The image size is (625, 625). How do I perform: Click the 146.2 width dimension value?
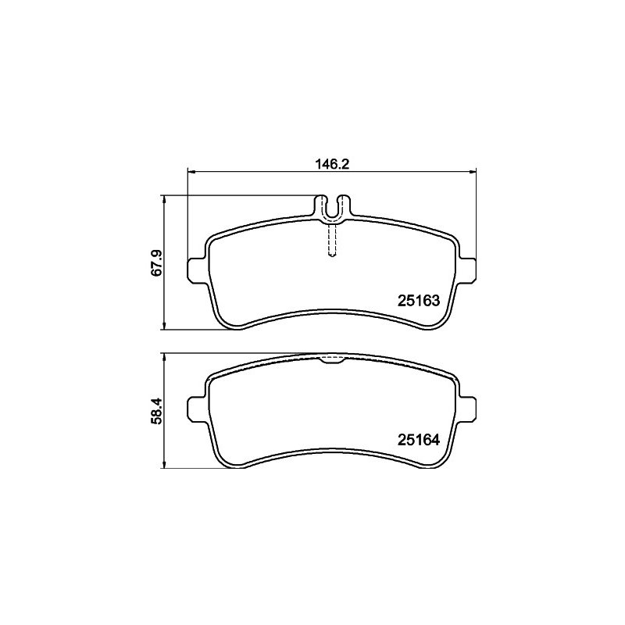coord(332,164)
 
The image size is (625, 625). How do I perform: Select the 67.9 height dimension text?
coord(157,262)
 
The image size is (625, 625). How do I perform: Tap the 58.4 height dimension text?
coord(157,411)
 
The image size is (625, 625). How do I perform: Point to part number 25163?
coord(419,301)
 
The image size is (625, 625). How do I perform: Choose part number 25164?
coord(419,440)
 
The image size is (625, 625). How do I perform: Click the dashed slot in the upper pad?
coord(332,241)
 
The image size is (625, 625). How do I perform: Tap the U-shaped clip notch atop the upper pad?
coord(332,207)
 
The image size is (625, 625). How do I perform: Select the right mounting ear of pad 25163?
coord(467,270)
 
